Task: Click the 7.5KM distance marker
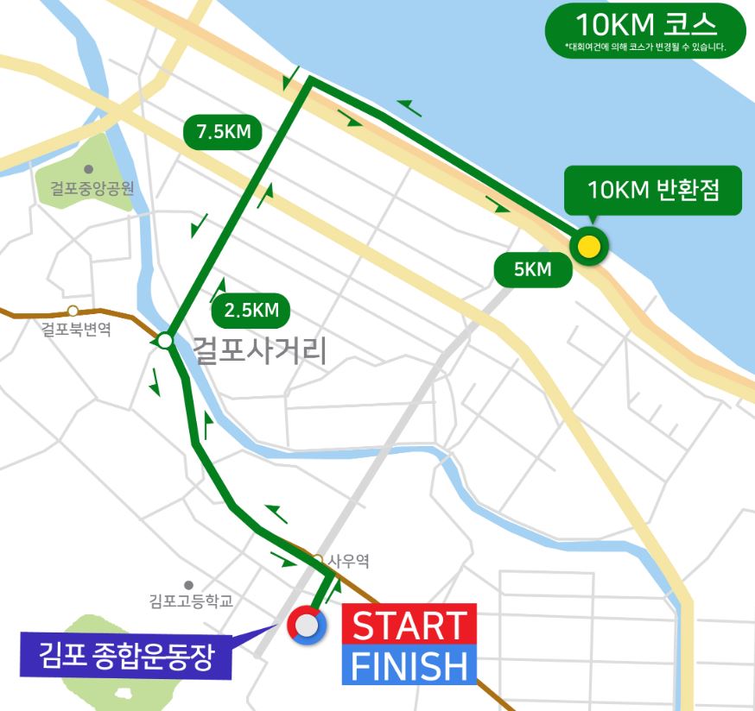click(223, 133)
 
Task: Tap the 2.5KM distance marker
click(251, 311)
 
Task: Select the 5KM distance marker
click(533, 270)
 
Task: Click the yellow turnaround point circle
click(589, 247)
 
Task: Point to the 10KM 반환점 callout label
click(653, 190)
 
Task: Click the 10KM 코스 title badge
click(645, 21)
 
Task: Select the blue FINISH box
click(409, 665)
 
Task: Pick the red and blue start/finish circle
click(307, 626)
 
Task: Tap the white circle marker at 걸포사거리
click(165, 341)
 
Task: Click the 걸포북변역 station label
click(76, 329)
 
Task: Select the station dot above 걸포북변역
click(73, 310)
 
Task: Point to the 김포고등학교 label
click(191, 601)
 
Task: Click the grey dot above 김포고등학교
click(188, 585)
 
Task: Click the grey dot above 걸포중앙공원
click(87, 169)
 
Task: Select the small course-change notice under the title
click(645, 47)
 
